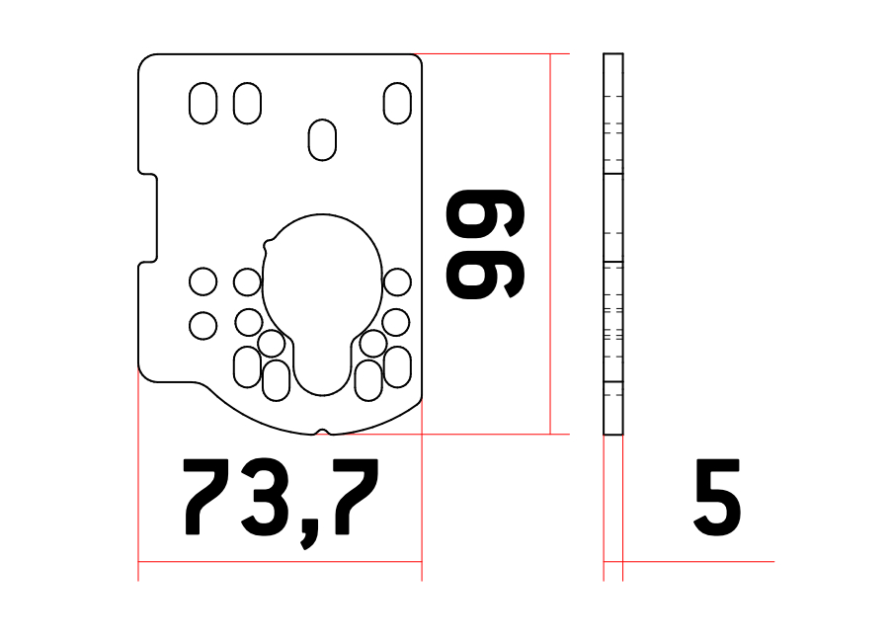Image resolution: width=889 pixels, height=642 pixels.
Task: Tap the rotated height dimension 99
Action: (x=485, y=244)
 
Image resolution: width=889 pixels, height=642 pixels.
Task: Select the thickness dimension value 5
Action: (x=718, y=498)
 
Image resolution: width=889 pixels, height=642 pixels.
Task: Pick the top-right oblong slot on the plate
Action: (x=397, y=104)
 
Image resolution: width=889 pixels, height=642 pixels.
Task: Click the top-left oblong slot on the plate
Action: (x=202, y=104)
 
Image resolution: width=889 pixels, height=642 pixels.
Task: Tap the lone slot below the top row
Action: (x=322, y=140)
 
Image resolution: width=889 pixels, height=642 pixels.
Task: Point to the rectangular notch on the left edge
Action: (x=148, y=218)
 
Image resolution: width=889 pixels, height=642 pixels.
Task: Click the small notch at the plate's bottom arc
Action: (x=322, y=433)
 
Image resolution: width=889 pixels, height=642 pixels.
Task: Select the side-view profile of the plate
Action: (x=612, y=244)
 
